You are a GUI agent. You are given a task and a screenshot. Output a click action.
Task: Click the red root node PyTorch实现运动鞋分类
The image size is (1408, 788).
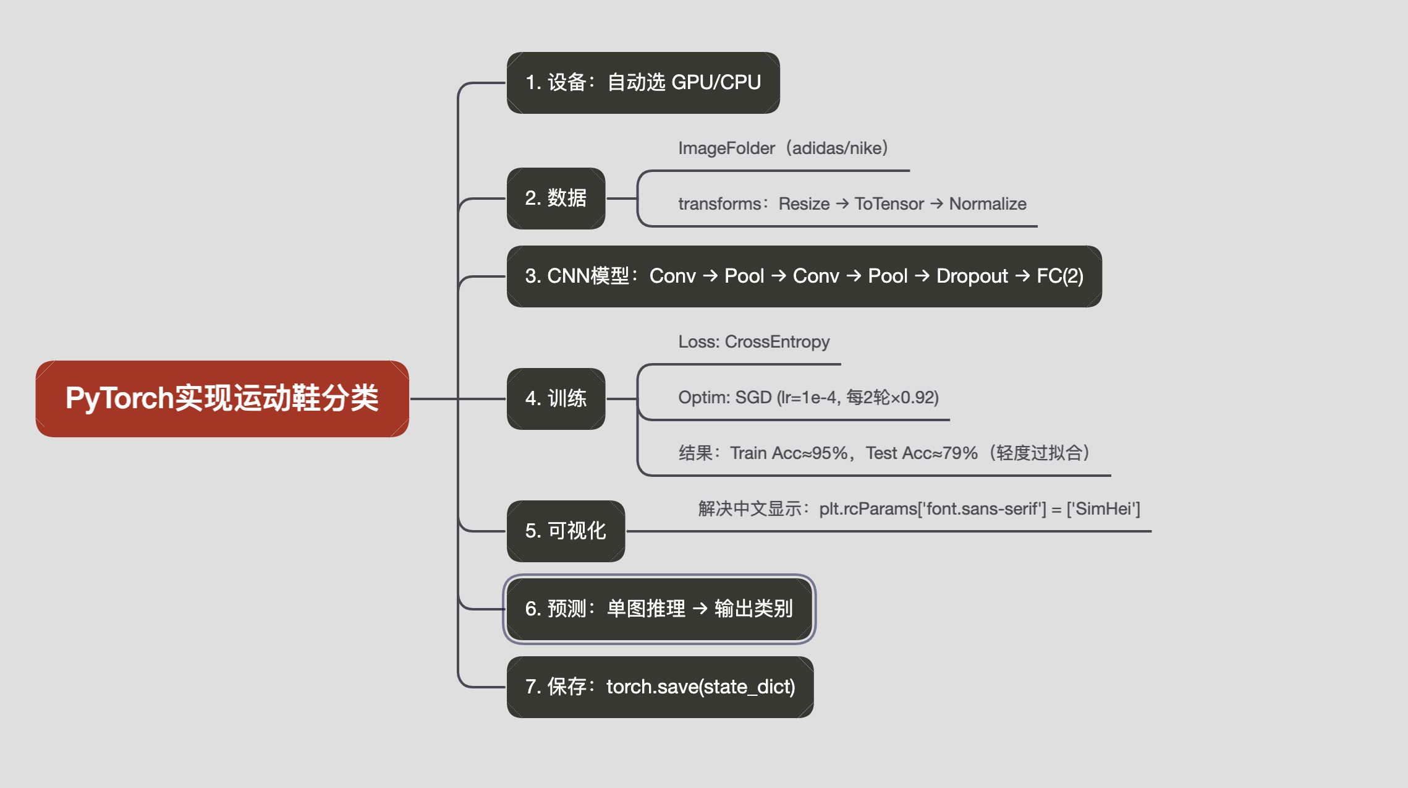click(x=222, y=398)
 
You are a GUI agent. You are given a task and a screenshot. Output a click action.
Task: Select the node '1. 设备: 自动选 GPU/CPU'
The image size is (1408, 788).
click(x=643, y=82)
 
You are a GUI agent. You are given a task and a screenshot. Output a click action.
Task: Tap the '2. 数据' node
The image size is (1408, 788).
click(x=556, y=199)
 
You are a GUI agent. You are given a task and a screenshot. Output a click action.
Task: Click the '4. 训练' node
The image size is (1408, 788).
click(x=556, y=399)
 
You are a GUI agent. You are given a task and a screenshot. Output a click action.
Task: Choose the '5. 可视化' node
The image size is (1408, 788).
click(x=566, y=531)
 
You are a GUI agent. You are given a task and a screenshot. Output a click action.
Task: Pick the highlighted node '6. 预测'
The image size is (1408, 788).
click(x=659, y=609)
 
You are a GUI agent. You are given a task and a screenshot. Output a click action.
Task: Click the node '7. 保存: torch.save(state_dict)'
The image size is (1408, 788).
click(x=659, y=687)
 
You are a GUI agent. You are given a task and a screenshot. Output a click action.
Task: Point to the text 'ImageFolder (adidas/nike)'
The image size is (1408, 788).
click(x=783, y=148)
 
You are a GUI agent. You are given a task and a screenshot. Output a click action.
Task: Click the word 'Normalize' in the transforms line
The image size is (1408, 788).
click(x=987, y=204)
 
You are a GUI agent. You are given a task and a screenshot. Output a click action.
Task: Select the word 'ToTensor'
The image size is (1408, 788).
click(x=889, y=204)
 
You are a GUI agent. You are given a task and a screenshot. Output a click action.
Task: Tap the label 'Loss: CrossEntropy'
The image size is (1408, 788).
click(x=753, y=342)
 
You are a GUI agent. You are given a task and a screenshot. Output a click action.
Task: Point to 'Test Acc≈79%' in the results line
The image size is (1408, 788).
click(x=921, y=453)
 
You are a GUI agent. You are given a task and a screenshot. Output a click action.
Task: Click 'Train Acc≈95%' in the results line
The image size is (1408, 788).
click(x=789, y=453)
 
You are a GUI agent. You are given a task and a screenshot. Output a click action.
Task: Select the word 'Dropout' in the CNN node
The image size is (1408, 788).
click(x=972, y=276)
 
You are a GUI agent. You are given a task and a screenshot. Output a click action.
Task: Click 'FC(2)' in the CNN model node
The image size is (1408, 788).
click(x=1059, y=276)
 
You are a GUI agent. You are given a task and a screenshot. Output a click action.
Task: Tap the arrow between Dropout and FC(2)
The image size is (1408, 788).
click(x=1022, y=276)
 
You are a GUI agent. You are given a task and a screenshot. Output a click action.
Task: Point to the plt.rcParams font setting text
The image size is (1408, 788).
click(x=979, y=509)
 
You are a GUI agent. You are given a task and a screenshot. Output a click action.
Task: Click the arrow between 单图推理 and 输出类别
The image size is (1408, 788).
click(x=700, y=609)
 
